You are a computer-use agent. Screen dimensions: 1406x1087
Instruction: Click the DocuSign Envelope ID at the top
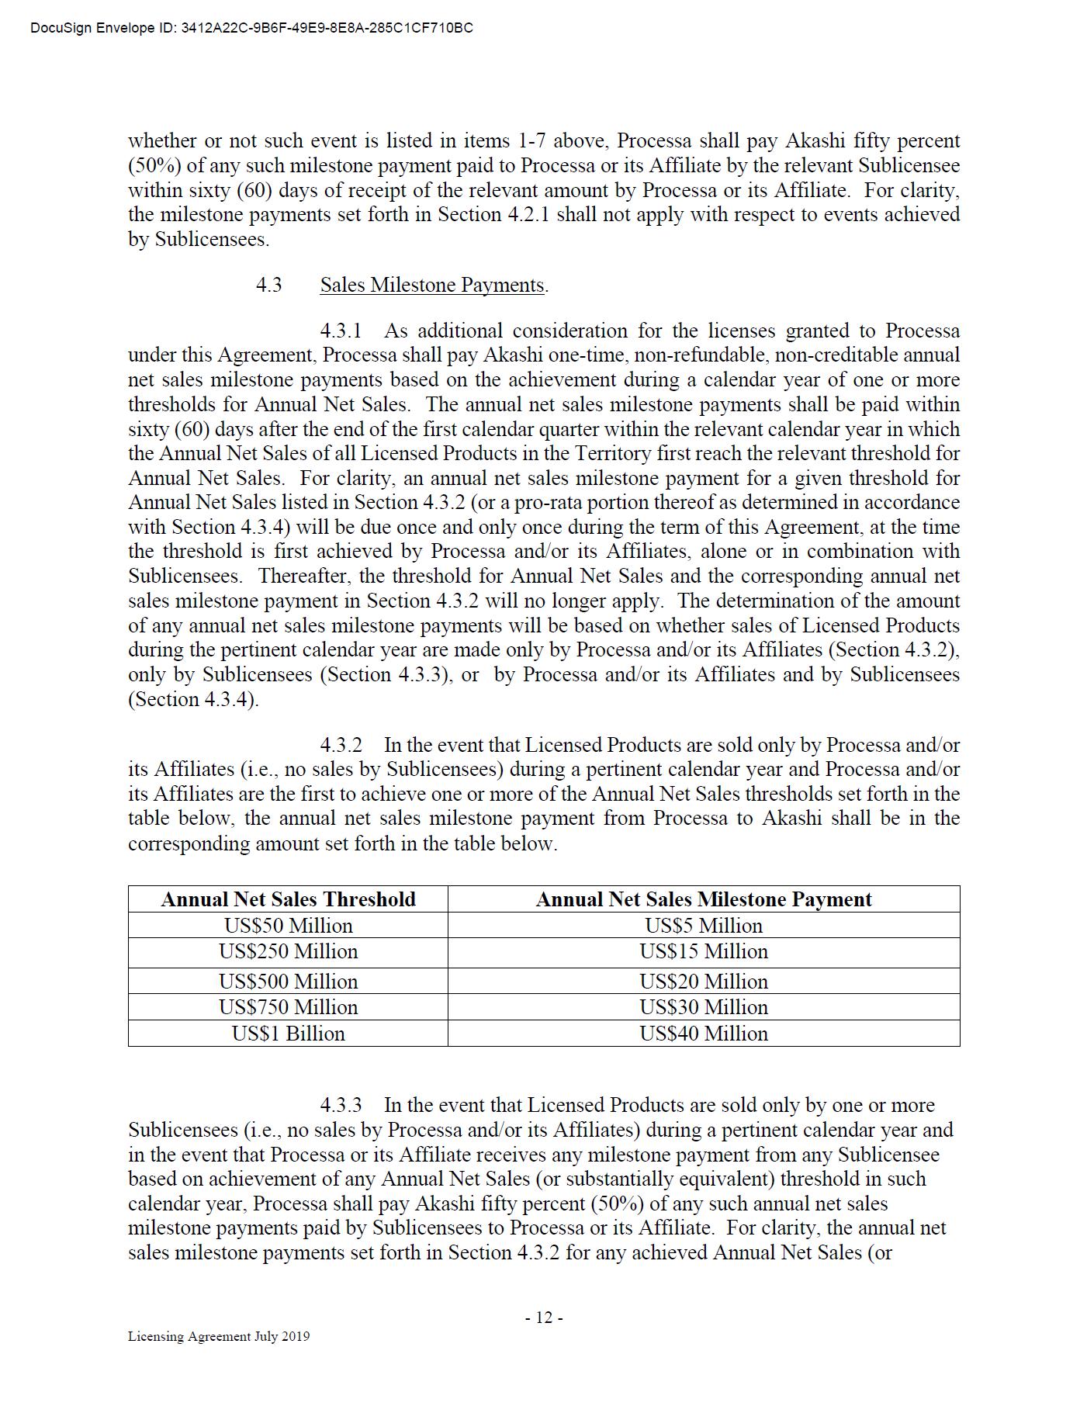coord(251,29)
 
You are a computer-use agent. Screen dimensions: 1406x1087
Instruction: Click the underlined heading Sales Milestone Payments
coord(433,286)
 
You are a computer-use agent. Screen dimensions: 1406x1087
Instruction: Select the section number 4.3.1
coord(341,331)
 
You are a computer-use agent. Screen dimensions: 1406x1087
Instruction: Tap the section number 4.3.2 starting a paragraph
coord(341,746)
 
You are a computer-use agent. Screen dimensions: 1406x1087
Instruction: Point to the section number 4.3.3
coord(341,1106)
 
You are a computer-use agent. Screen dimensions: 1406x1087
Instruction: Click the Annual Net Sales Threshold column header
coord(288,899)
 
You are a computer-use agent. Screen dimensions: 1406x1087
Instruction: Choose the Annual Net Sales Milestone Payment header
coord(703,899)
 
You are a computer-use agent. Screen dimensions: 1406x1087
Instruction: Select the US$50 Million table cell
coord(288,926)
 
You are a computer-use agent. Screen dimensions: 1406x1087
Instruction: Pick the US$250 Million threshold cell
coord(288,952)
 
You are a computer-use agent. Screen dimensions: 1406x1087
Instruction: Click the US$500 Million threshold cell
coord(288,982)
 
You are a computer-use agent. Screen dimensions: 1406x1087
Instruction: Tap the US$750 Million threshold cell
coord(288,1007)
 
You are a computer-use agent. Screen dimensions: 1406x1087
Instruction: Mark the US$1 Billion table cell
coord(288,1034)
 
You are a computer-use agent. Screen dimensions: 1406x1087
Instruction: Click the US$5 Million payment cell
coord(703,926)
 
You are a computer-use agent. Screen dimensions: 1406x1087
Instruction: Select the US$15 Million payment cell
coord(703,952)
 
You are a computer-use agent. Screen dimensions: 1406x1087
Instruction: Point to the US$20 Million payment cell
coord(703,982)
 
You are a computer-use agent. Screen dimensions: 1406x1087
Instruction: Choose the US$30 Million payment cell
coord(703,1007)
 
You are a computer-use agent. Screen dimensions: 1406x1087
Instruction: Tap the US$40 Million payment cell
coord(703,1034)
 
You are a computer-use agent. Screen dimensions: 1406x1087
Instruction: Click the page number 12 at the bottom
coord(543,1318)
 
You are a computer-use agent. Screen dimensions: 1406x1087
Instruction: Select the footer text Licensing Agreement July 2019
coord(219,1336)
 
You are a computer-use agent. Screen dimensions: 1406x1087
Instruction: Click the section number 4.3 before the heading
coord(269,286)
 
